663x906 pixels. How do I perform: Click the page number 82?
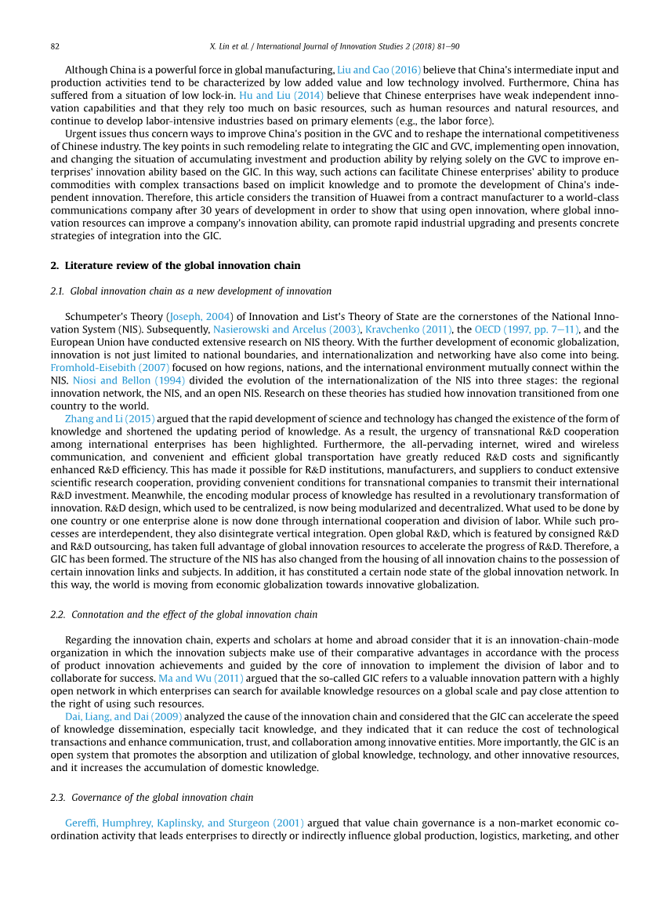pos(55,47)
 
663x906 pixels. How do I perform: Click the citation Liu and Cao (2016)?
pos(379,70)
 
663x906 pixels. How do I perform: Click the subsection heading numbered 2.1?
pos(190,291)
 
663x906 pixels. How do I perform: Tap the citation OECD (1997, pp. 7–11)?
pos(527,329)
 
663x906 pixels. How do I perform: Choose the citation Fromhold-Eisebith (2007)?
pos(110,367)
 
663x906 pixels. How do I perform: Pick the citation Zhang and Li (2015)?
pos(110,418)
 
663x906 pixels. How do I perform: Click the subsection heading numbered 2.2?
pos(183,614)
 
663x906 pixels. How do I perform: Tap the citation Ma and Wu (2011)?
pos(201,678)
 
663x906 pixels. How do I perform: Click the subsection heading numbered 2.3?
pos(151,798)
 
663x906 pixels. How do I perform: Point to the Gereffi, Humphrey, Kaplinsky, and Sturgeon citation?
pos(184,823)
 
